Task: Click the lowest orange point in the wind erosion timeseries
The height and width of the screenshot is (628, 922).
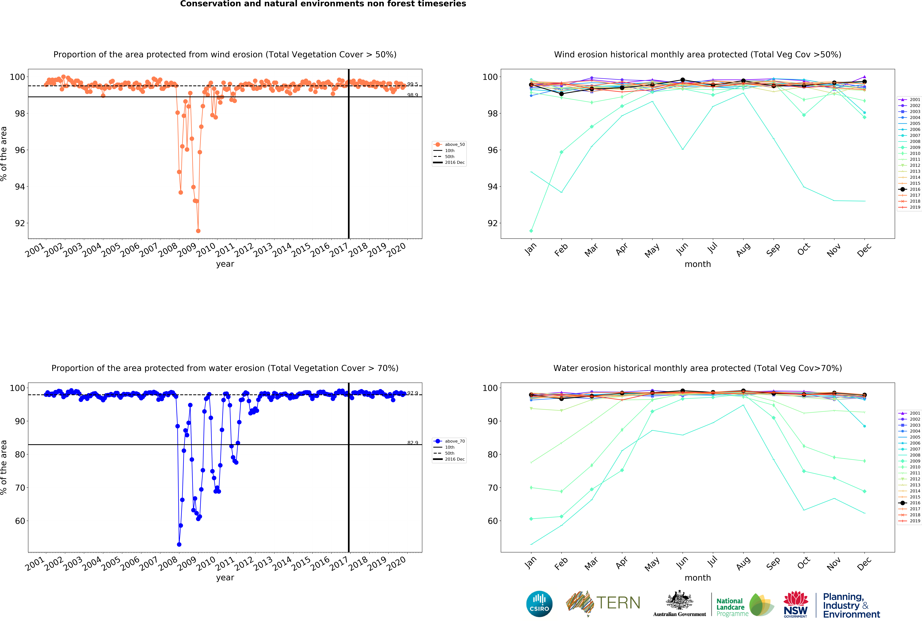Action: [198, 231]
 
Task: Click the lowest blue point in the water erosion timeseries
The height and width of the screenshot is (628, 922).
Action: [179, 544]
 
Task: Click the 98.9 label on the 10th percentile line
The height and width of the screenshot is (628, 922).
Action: [413, 95]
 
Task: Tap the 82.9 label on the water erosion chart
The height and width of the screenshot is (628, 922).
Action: [413, 443]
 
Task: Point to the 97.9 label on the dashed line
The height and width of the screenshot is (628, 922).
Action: [413, 393]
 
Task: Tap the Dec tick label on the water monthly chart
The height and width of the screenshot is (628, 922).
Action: [864, 563]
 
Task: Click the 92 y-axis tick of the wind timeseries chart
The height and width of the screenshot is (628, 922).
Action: [20, 223]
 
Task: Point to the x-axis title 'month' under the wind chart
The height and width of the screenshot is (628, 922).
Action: [697, 264]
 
